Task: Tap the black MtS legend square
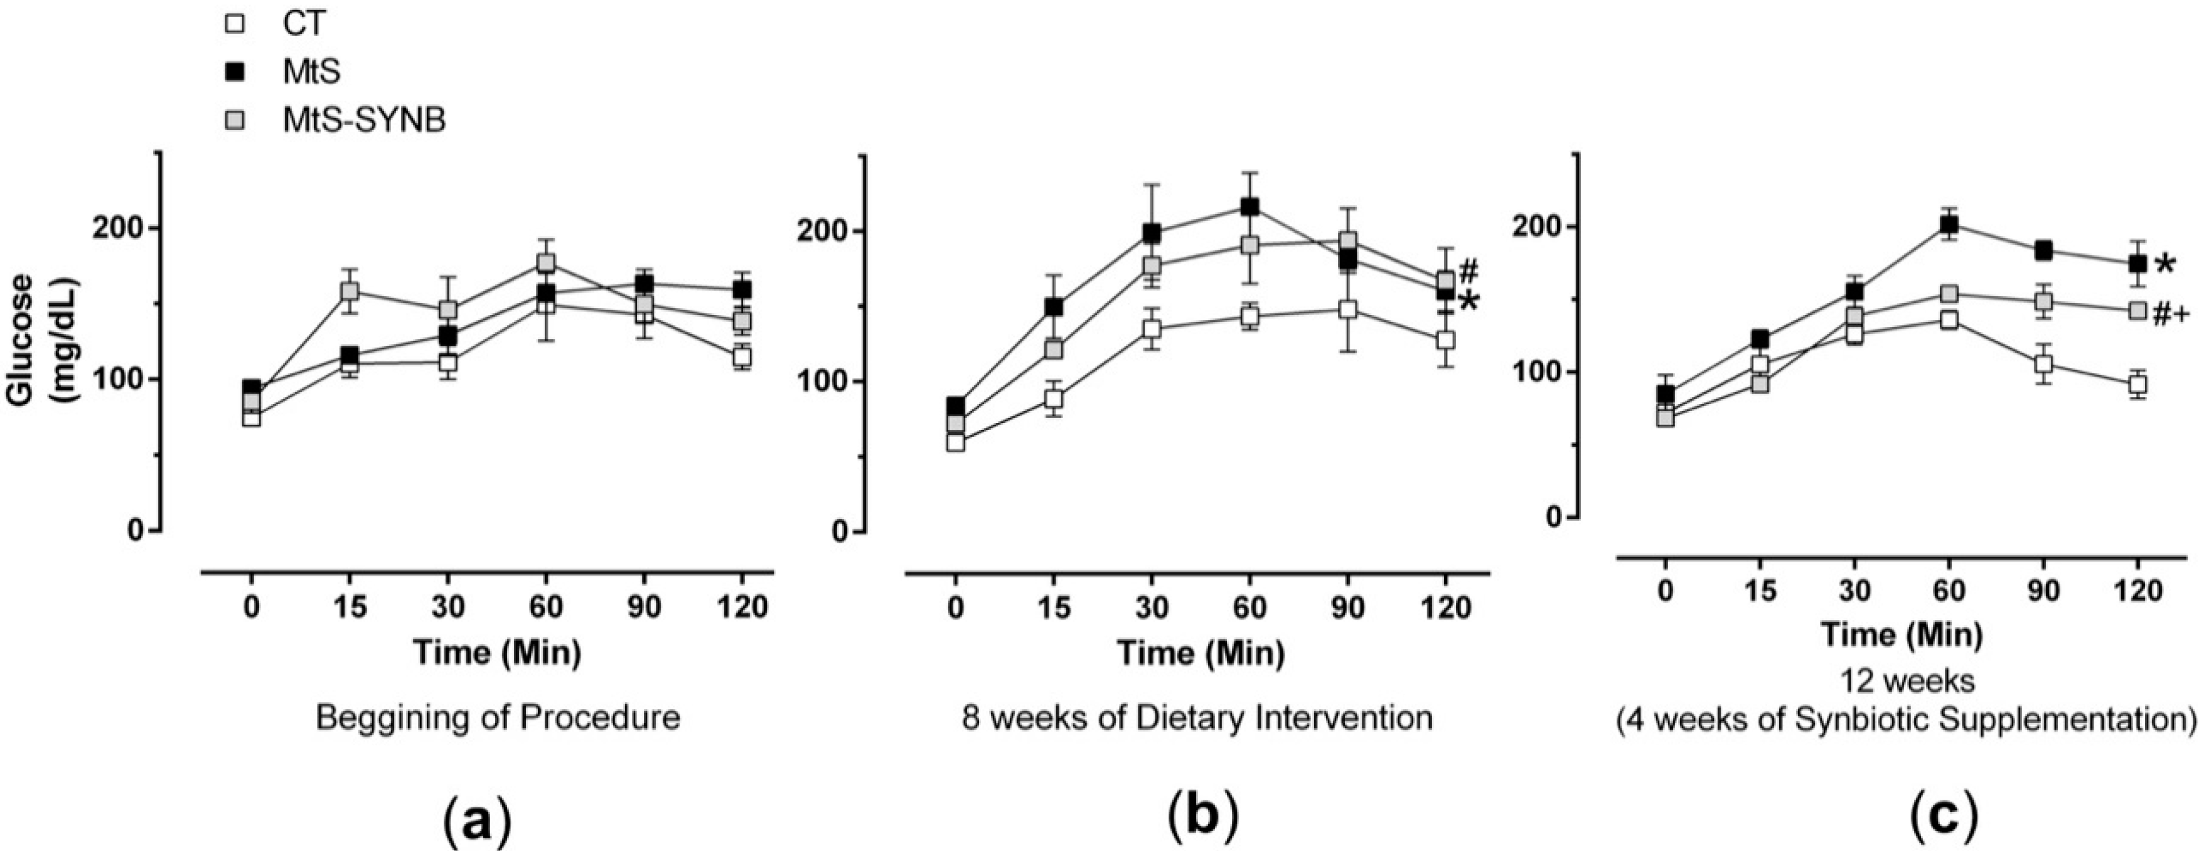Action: click(239, 73)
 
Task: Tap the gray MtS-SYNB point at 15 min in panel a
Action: click(349, 291)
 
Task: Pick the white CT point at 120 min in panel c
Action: click(2137, 385)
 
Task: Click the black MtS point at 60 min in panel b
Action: click(1249, 206)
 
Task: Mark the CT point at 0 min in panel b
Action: click(955, 442)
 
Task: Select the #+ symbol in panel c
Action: click(2171, 340)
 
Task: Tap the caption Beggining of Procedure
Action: click(498, 718)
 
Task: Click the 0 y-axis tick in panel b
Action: click(838, 532)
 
